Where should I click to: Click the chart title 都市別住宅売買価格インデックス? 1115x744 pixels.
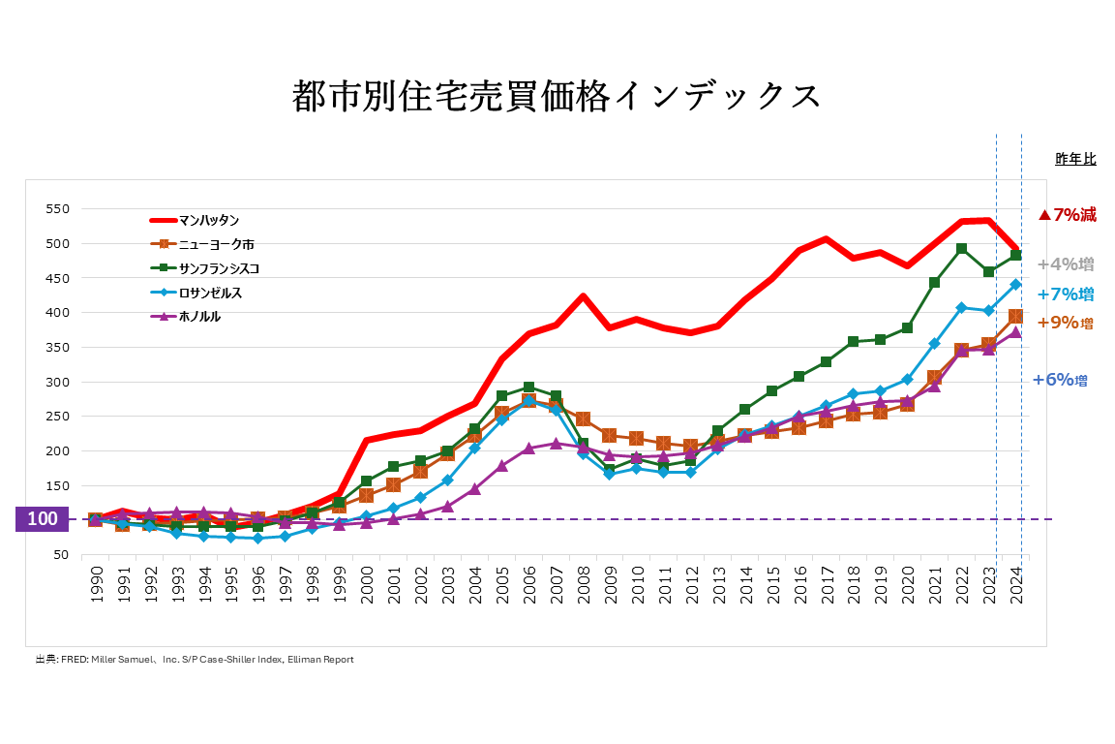tap(557, 97)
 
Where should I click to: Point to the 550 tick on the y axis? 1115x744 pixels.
tap(57, 209)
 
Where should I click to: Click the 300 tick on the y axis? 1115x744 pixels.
tap(57, 382)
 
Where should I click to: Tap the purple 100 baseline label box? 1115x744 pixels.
tap(42, 519)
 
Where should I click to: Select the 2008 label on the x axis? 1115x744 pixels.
tap(583, 584)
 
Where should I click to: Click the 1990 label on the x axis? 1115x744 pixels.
tap(96, 584)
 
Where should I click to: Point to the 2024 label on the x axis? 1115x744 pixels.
tap(1016, 584)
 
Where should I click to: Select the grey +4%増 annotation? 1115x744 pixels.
tap(1065, 263)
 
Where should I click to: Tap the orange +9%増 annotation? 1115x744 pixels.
tap(1065, 324)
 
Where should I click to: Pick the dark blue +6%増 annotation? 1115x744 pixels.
tap(1060, 380)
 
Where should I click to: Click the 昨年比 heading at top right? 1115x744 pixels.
tap(1074, 159)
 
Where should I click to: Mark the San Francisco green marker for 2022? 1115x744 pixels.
tap(961, 249)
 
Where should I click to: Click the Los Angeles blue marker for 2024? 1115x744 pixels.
tap(1016, 285)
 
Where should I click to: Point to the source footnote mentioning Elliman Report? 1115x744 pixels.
tap(195, 660)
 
